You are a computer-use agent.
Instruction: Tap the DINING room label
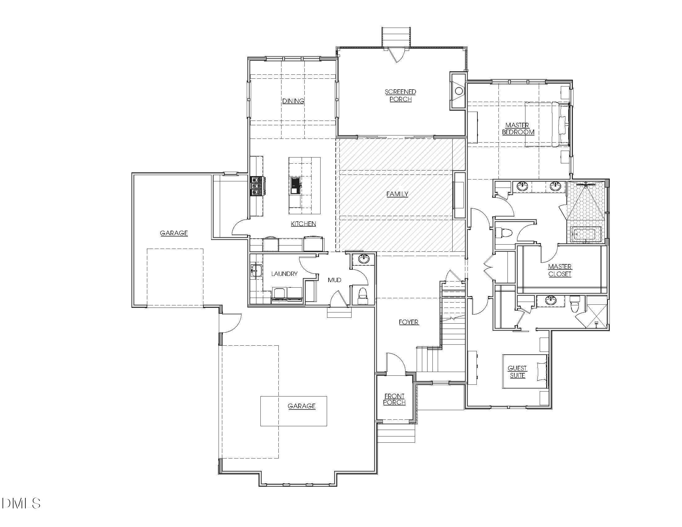(293, 101)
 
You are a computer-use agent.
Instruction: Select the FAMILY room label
(397, 194)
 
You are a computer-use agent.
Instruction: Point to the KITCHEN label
(303, 224)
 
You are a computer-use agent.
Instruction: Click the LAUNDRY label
(284, 274)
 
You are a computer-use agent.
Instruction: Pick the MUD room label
(334, 280)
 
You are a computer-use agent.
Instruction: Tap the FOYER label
(409, 322)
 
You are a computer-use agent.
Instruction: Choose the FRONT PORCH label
(394, 399)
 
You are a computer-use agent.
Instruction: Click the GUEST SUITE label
(517, 371)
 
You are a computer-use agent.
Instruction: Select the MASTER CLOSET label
(560, 270)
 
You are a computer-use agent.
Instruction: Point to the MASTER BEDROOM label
(518, 129)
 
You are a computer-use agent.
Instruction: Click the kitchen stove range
(258, 186)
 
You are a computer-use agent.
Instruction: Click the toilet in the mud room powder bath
(362, 295)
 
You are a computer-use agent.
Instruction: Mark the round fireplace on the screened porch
(459, 91)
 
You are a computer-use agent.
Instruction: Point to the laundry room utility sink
(256, 270)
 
